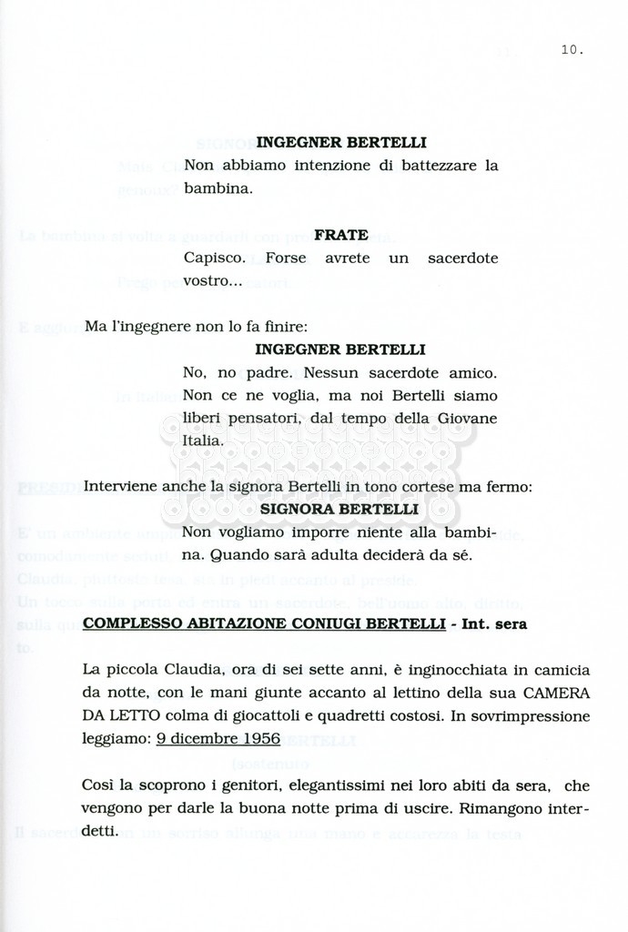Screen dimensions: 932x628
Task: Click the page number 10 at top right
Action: click(x=572, y=50)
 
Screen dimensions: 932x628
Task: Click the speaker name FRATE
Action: click(x=340, y=235)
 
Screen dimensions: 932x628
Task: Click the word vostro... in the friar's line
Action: click(x=212, y=281)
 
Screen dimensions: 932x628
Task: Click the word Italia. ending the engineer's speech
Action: click(x=203, y=441)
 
